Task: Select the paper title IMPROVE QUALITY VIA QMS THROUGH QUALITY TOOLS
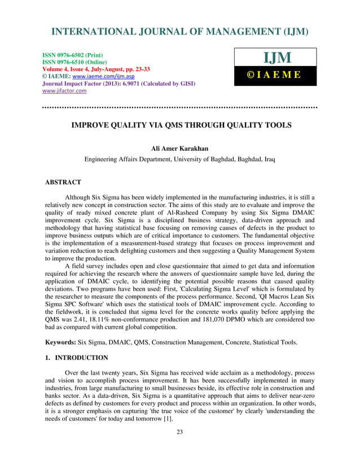[180, 126]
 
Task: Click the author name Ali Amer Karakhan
[179, 148]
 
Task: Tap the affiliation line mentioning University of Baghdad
[179, 160]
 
